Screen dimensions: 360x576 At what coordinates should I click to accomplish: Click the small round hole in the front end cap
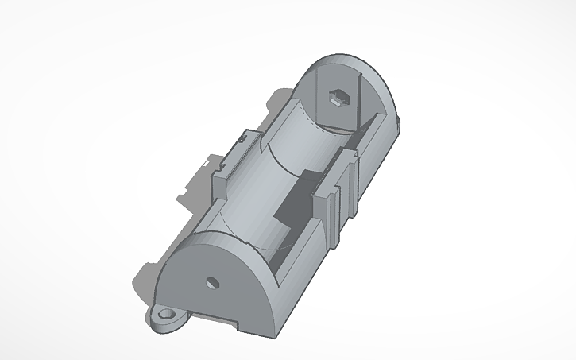coord(212,282)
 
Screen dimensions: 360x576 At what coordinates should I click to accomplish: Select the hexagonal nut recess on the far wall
coord(339,98)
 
